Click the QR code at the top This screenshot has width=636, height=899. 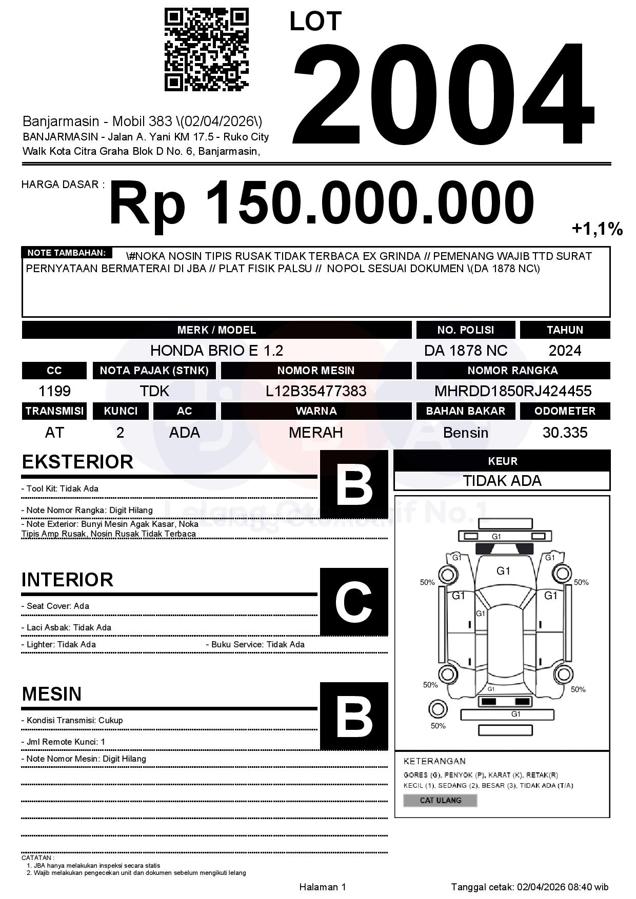(x=206, y=50)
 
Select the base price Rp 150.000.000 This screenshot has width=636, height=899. (x=321, y=203)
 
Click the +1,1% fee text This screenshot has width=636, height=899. (x=597, y=229)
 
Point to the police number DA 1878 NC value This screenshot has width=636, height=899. (x=465, y=351)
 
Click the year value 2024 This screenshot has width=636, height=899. (x=565, y=351)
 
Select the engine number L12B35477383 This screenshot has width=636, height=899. (x=316, y=391)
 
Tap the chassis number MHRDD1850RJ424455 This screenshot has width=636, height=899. (x=513, y=391)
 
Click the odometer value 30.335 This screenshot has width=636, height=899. (x=565, y=433)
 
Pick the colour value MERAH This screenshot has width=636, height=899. (x=316, y=433)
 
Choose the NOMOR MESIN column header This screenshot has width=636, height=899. (x=316, y=371)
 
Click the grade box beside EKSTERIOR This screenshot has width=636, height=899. (x=354, y=484)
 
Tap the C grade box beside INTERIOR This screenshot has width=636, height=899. (x=354, y=602)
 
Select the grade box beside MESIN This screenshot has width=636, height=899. (x=354, y=716)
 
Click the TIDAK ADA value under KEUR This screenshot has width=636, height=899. (x=502, y=481)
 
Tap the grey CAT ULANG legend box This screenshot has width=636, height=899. (x=440, y=800)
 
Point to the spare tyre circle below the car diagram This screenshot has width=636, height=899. (x=438, y=710)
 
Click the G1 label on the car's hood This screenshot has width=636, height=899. (x=503, y=571)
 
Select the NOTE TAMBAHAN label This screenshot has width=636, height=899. (x=67, y=253)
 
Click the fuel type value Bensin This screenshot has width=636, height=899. (x=465, y=433)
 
